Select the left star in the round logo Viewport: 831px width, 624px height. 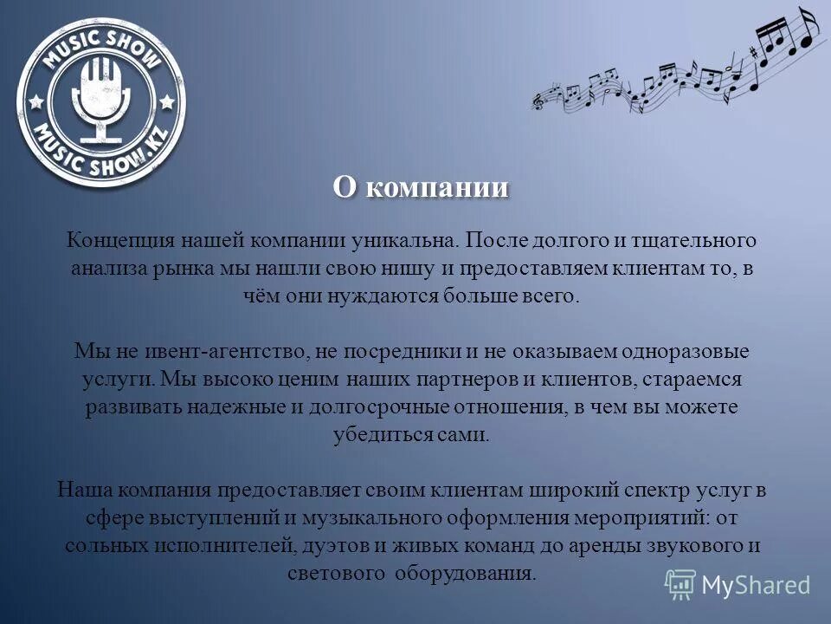tap(37, 101)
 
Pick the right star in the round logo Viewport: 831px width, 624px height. tap(166, 101)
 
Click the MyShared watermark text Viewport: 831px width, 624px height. tap(756, 585)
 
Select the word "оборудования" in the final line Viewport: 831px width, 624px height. tap(466, 574)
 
